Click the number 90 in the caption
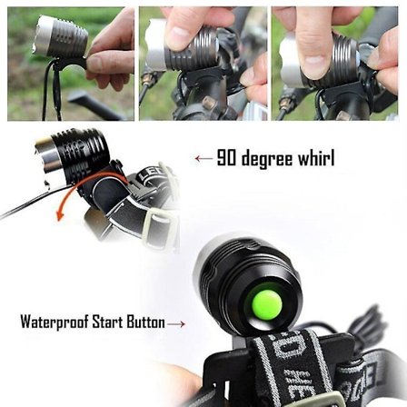tap(226, 157)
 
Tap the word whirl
tap(317, 157)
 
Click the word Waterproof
tap(55, 323)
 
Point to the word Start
tap(108, 322)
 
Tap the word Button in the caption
tap(145, 322)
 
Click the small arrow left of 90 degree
tap(203, 158)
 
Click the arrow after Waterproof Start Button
tap(176, 324)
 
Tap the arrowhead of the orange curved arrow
tap(60, 216)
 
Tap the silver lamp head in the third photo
tap(290, 62)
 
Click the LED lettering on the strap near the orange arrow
tap(151, 175)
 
